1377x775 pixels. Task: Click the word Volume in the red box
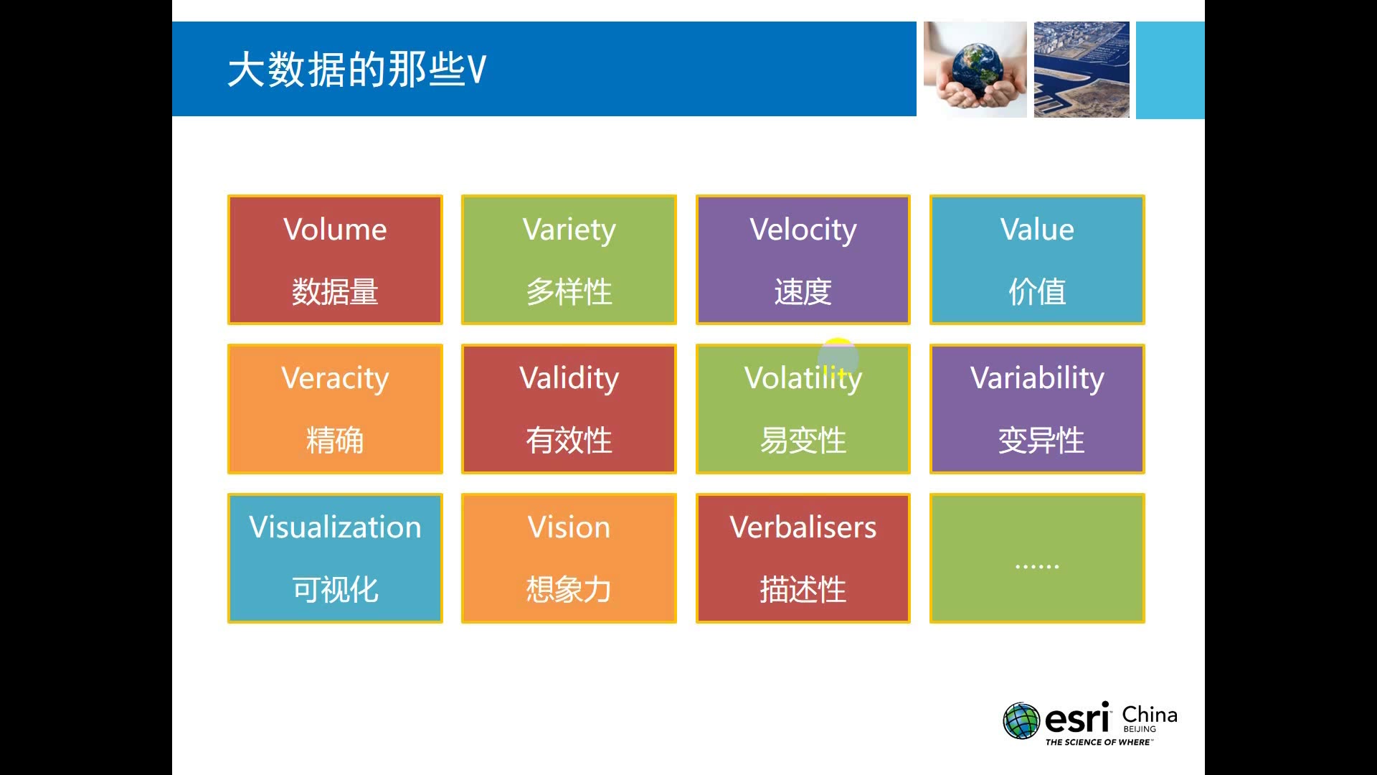click(x=335, y=230)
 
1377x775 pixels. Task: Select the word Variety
click(x=569, y=230)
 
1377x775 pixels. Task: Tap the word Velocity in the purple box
click(x=803, y=230)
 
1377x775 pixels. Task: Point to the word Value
click(x=1037, y=230)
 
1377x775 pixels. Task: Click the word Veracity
click(x=335, y=379)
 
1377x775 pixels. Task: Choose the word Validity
click(x=569, y=378)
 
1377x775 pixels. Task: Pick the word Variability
click(x=1037, y=378)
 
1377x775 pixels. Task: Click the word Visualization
click(x=335, y=527)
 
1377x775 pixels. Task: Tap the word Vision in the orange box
click(x=569, y=527)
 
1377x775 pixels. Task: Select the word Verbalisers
click(x=803, y=527)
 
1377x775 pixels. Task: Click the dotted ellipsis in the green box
click(x=1037, y=566)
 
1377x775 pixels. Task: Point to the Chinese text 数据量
click(x=335, y=292)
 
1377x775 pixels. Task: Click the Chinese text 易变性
click(x=803, y=441)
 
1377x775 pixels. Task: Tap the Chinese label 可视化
click(x=335, y=590)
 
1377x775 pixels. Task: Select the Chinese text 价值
click(x=1037, y=292)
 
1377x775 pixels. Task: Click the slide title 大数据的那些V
click(x=357, y=70)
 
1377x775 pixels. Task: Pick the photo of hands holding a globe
click(x=975, y=69)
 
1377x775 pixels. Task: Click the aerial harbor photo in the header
click(x=1082, y=69)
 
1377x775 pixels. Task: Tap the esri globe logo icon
click(x=1021, y=721)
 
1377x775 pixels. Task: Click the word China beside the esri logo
click(x=1149, y=715)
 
